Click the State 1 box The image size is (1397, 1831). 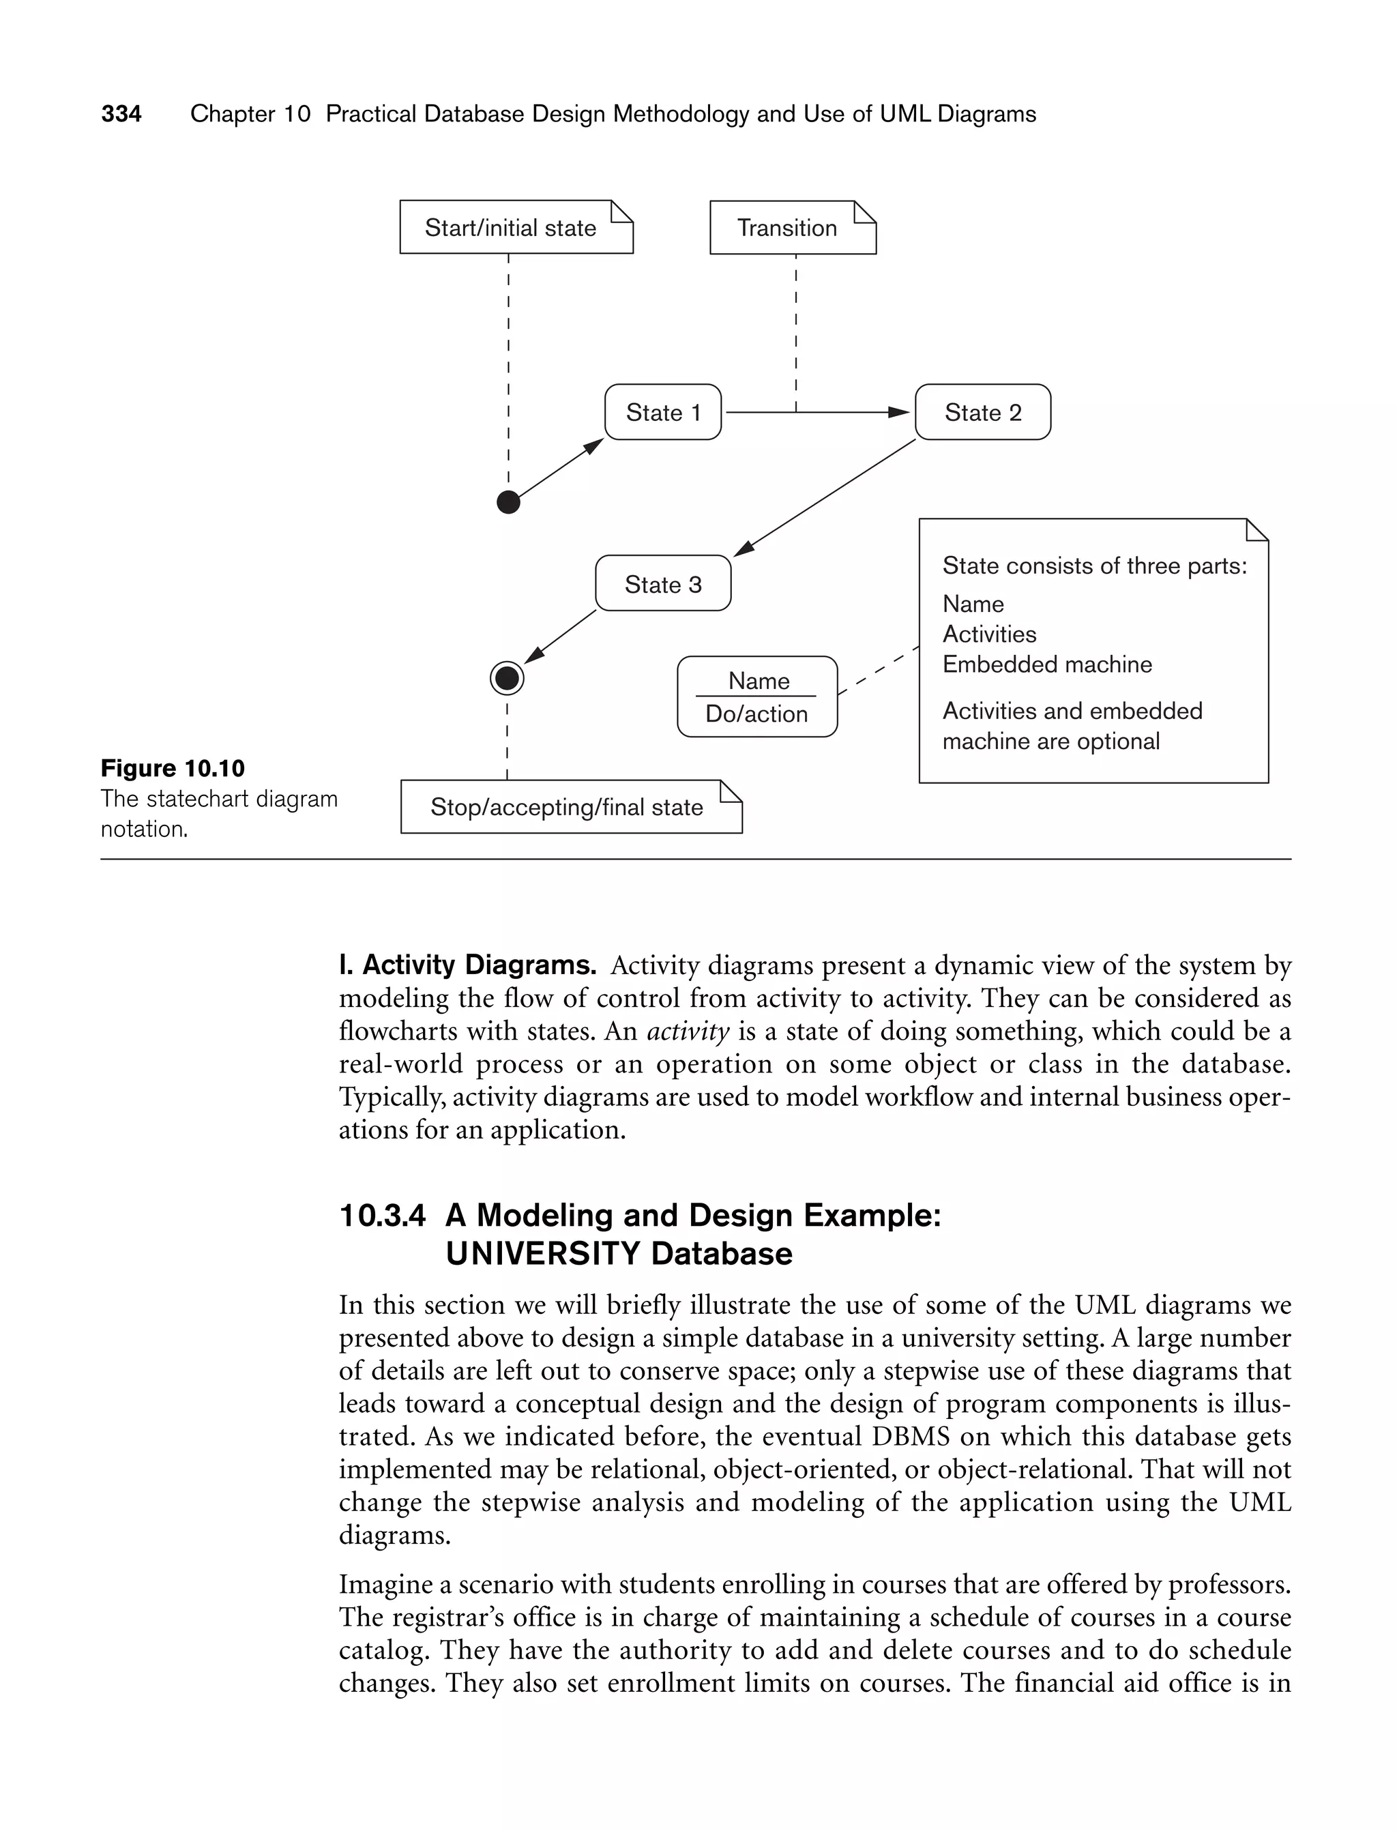pyautogui.click(x=663, y=413)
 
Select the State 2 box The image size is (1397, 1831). pyautogui.click(x=982, y=413)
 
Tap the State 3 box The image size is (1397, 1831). pyautogui.click(x=663, y=584)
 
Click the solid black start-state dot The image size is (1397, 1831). pyautogui.click(x=508, y=502)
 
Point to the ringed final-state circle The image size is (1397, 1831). pyautogui.click(x=508, y=679)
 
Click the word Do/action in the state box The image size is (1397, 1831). pyautogui.click(x=756, y=714)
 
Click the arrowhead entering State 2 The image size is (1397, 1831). pyautogui.click(x=900, y=413)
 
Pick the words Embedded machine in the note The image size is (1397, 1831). pyautogui.click(x=1047, y=664)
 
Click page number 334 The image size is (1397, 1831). pyautogui.click(x=121, y=114)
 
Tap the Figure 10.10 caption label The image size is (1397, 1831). pyautogui.click(x=173, y=768)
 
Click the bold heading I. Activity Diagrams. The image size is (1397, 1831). pyautogui.click(x=467, y=965)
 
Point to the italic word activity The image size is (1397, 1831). pyautogui.click(x=688, y=1032)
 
